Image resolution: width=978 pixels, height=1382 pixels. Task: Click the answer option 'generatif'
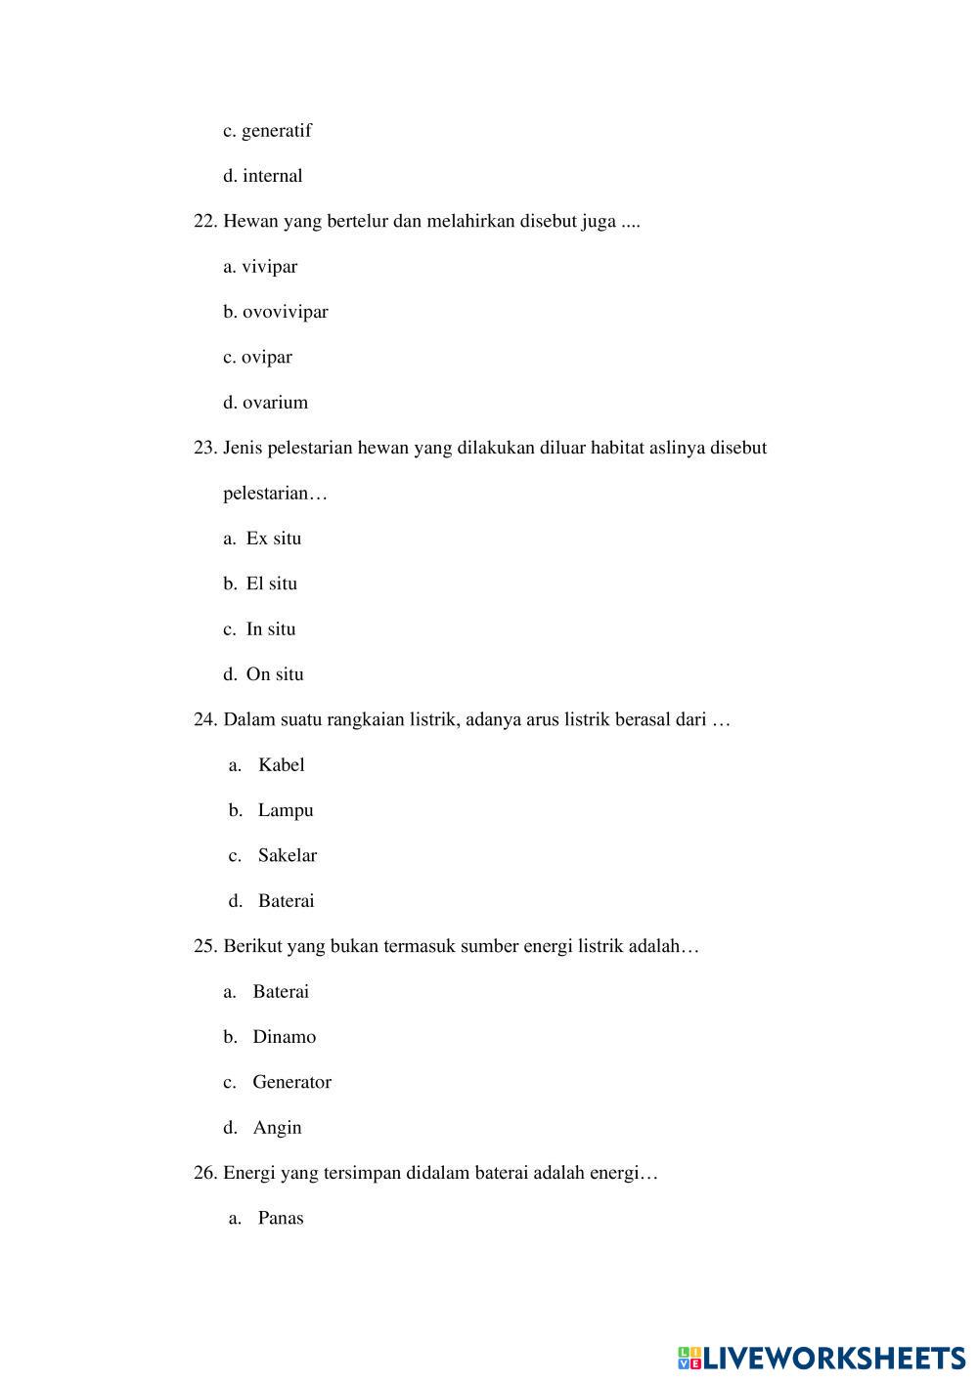(276, 131)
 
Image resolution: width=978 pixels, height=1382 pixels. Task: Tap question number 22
(204, 221)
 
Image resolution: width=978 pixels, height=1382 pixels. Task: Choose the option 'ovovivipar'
(285, 312)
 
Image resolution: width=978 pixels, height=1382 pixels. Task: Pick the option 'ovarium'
(275, 403)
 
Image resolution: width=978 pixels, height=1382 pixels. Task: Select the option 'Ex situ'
(274, 539)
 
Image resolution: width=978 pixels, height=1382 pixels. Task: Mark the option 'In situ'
(271, 629)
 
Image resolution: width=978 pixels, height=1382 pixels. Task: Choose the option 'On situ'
(275, 674)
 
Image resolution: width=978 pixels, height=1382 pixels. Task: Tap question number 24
(204, 720)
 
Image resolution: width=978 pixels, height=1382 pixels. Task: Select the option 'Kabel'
(282, 765)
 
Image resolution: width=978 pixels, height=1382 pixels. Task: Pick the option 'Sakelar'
(288, 856)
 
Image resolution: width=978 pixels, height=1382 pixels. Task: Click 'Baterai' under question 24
(286, 901)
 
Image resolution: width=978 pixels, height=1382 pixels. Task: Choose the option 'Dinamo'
(285, 1037)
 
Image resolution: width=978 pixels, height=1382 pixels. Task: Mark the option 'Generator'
(291, 1082)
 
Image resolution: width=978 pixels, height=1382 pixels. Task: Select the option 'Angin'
(277, 1128)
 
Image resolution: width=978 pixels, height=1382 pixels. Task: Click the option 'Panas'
(281, 1219)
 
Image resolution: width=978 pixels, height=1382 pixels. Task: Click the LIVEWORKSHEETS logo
(822, 1358)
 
